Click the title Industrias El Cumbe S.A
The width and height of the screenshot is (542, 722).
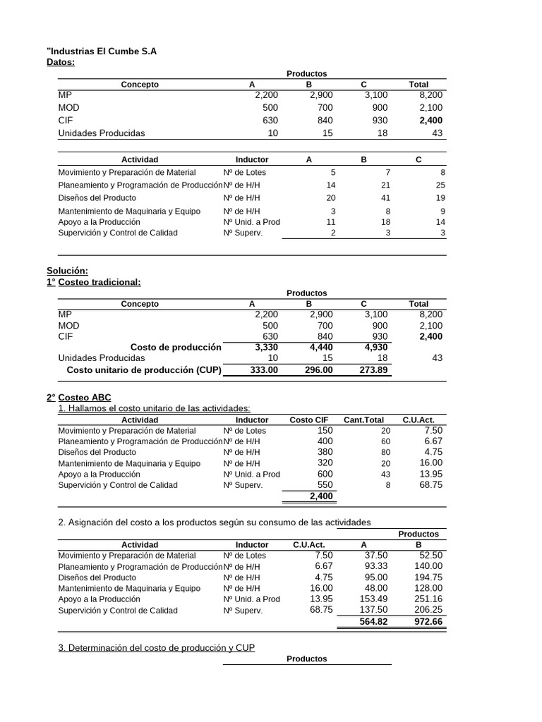pyautogui.click(x=102, y=51)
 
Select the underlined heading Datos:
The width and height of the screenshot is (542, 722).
pyautogui.click(x=61, y=63)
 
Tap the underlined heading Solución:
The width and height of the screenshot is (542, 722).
pyautogui.click(x=68, y=271)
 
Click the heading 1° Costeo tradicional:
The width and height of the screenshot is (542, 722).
pyautogui.click(x=94, y=282)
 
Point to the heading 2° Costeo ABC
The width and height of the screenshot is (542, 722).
pyautogui.click(x=78, y=398)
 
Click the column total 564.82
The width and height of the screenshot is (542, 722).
pyautogui.click(x=373, y=622)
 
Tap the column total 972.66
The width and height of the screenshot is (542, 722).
pyautogui.click(x=428, y=622)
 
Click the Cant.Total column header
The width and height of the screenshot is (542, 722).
pyautogui.click(x=363, y=420)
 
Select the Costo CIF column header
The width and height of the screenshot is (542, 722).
pyautogui.click(x=309, y=420)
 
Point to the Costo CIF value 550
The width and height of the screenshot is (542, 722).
pyautogui.click(x=325, y=485)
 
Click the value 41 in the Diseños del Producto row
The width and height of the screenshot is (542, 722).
pyautogui.click(x=385, y=198)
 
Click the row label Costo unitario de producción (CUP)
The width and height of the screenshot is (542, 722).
pyautogui.click(x=143, y=369)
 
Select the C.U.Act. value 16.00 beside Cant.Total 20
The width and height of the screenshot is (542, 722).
pyautogui.click(x=431, y=463)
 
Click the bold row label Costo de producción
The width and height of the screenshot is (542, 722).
pyautogui.click(x=176, y=347)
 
